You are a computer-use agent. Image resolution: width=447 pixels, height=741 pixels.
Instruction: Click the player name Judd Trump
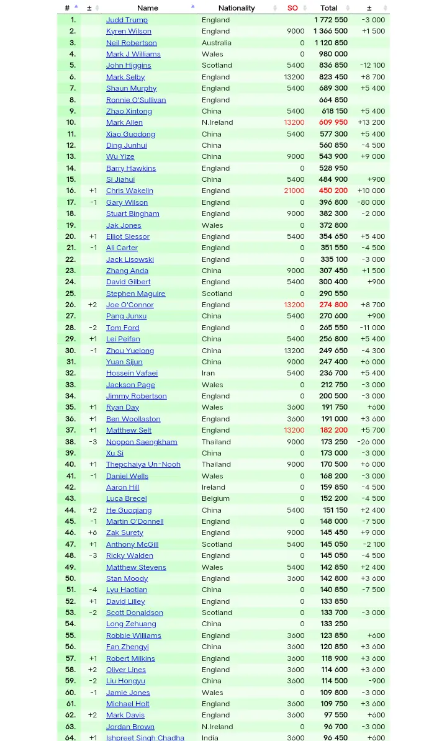(x=127, y=20)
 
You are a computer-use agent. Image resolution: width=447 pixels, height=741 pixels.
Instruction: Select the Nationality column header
(x=236, y=8)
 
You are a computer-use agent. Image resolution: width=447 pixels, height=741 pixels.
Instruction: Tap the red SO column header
(x=292, y=8)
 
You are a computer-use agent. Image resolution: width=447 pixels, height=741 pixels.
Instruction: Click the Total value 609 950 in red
(x=333, y=122)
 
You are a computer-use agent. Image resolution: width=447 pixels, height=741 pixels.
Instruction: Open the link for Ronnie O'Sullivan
(x=135, y=100)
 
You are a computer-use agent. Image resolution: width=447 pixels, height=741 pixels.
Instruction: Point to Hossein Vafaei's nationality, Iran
(x=208, y=373)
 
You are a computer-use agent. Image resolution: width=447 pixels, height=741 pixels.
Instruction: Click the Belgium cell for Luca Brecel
(x=214, y=498)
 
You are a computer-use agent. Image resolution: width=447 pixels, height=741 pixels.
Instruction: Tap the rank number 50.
(x=71, y=578)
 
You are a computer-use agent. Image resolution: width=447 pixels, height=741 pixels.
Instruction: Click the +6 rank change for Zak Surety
(x=93, y=532)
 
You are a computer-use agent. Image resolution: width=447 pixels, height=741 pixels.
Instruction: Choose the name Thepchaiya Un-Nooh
(x=143, y=464)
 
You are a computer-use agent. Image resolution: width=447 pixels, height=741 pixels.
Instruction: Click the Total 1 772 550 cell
(x=330, y=20)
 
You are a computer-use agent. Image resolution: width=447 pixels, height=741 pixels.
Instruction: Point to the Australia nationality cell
(x=216, y=43)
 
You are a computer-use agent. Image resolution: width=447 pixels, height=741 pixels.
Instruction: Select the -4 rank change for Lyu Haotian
(x=93, y=590)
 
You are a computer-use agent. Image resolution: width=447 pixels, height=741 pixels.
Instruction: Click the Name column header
(x=148, y=8)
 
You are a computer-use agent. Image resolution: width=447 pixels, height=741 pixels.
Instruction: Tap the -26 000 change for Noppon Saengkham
(x=371, y=442)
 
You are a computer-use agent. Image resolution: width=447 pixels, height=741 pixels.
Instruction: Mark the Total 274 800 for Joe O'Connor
(x=333, y=305)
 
